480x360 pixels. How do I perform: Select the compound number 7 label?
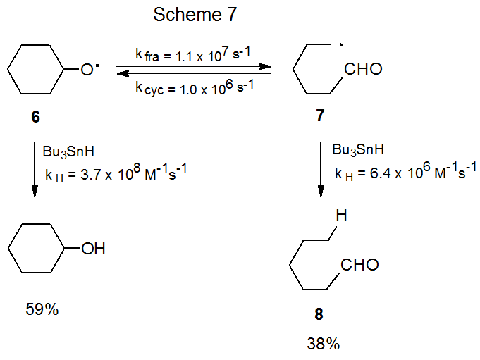321,117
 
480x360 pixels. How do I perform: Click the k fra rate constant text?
194,53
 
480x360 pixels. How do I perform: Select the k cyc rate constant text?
194,87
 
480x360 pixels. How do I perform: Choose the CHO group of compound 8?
360,265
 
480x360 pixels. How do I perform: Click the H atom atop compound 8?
341,215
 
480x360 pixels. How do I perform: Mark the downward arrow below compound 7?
321,170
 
